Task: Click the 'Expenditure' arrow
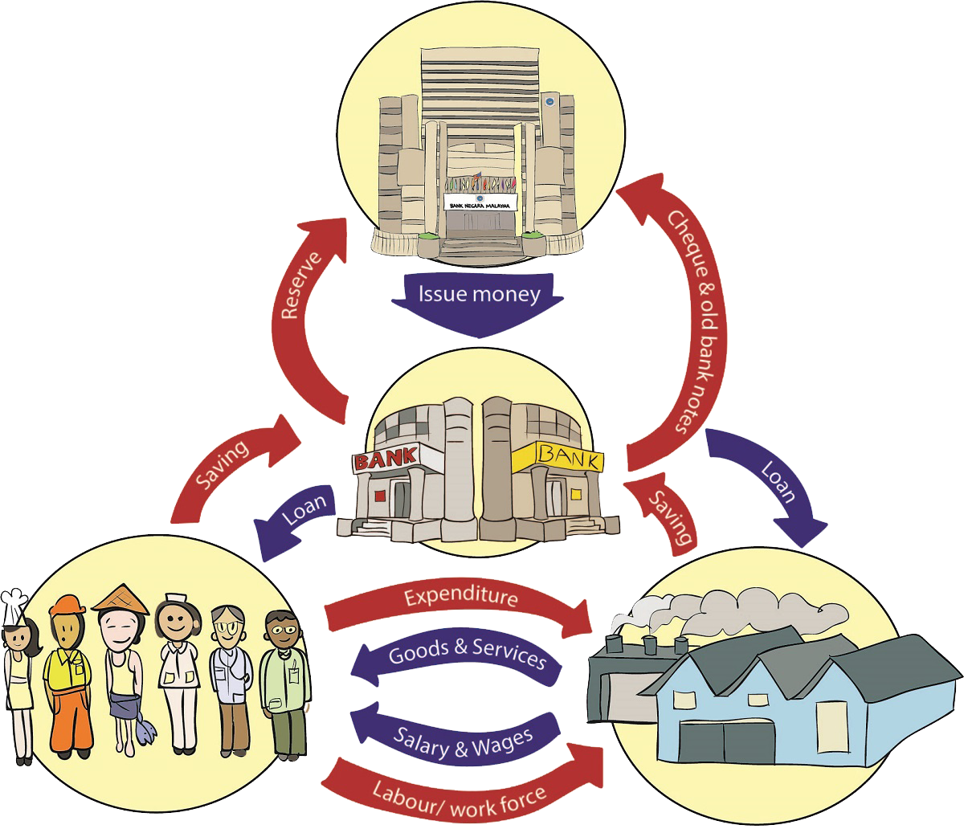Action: pos(461,598)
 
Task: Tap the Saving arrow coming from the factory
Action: pos(668,518)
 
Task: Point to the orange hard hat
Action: pos(67,606)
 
